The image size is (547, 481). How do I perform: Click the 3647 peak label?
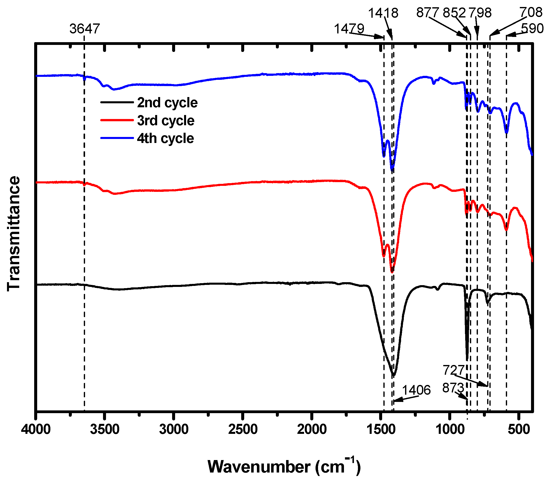[85, 29]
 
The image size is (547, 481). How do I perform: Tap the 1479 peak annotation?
[349, 29]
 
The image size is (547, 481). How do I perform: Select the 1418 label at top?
[383, 13]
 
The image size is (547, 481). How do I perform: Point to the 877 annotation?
[428, 12]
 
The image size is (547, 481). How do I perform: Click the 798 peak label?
[480, 13]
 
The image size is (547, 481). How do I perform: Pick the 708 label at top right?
[531, 12]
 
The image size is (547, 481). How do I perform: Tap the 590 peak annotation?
[532, 28]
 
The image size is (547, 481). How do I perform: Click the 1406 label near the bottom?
[416, 390]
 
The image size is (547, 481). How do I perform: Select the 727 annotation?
[454, 370]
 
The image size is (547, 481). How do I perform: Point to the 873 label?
[453, 388]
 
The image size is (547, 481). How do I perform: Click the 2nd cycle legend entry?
[167, 103]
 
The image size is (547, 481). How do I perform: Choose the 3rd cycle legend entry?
[166, 121]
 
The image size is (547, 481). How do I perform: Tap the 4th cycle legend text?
[165, 138]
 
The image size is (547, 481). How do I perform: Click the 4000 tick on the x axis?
[36, 429]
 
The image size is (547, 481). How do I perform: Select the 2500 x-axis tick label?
[243, 429]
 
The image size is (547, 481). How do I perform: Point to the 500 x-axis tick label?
[519, 429]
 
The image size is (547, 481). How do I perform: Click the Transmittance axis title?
[13, 234]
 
